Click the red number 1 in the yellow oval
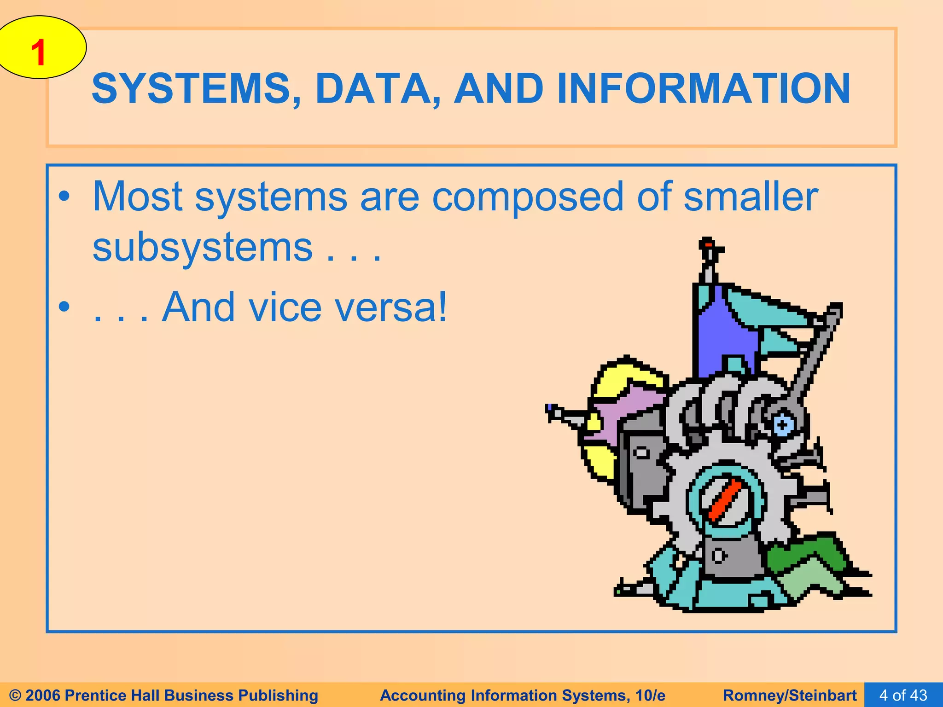click(x=39, y=52)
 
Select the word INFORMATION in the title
click(x=703, y=88)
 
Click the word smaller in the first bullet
click(x=751, y=197)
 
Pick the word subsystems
click(x=203, y=248)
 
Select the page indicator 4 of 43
click(x=903, y=695)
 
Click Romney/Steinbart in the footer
click(x=790, y=695)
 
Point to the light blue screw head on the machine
click(x=782, y=424)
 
